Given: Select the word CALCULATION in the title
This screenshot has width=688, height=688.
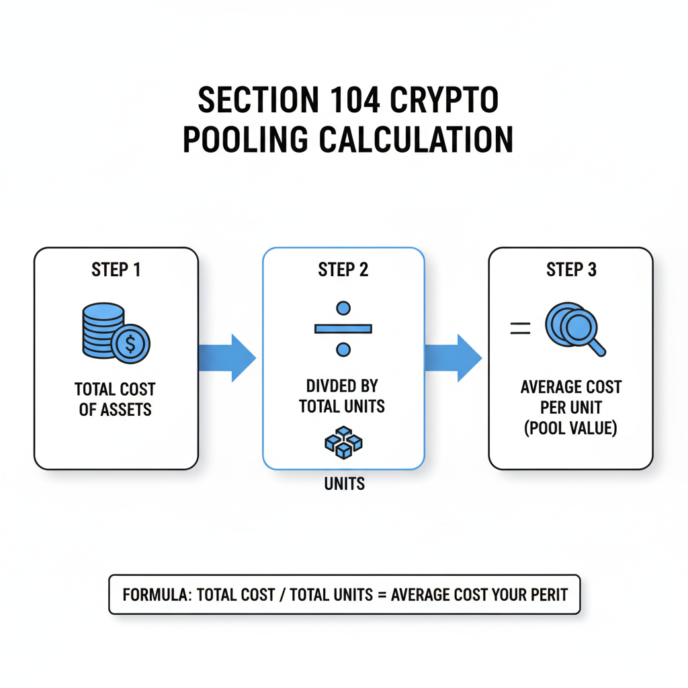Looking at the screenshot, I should coord(416,140).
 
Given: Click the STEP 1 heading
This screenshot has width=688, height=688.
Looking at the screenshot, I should coord(116,270).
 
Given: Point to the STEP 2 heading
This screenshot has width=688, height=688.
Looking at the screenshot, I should coord(343,270).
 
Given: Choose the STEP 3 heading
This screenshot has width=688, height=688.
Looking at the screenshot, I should coord(570,270).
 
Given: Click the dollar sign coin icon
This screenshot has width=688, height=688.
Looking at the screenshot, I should coord(130,345).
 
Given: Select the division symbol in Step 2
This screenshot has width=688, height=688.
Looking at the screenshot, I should coord(343,329).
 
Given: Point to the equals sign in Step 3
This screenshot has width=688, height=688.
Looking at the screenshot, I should coord(520,329).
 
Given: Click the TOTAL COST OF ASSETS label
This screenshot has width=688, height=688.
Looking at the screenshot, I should coord(115,399).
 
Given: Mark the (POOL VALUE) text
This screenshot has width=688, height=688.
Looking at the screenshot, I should coord(570,427).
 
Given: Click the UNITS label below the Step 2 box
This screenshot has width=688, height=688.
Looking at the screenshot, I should coord(344,484).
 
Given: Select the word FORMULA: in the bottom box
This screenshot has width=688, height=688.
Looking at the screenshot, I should coord(157,595).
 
